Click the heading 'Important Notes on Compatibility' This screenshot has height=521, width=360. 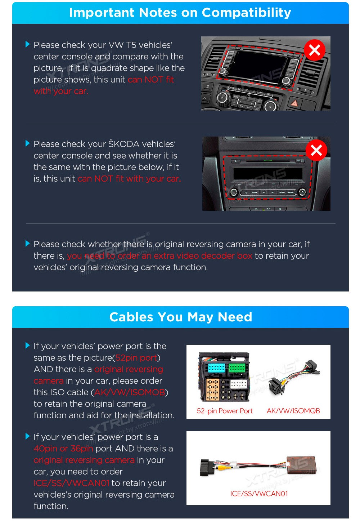point(180,13)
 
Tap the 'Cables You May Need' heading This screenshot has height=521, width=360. point(181,317)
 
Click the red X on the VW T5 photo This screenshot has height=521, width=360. point(314,50)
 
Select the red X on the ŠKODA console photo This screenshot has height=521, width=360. point(316,150)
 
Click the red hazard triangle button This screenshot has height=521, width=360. point(294,103)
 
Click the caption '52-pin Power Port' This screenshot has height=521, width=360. point(225,411)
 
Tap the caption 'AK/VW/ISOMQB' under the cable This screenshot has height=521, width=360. point(293,411)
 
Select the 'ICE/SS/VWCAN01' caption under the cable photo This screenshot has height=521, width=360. point(259,494)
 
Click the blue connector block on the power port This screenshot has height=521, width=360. point(216,368)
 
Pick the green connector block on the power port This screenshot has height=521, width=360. point(237,368)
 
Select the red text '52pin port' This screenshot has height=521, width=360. point(136,358)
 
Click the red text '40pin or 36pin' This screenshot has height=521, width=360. point(63,448)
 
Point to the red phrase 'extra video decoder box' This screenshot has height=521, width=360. point(203,255)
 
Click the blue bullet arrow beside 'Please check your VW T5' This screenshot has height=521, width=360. point(27,44)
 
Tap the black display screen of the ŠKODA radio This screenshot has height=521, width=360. point(267,174)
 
